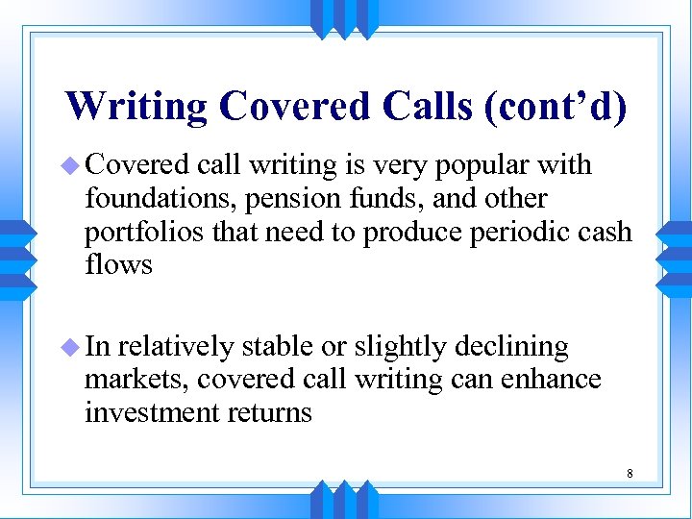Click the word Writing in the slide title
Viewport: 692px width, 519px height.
[x=136, y=106]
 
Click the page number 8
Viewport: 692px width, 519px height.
[x=630, y=474]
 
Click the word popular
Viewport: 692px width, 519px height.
[x=480, y=166]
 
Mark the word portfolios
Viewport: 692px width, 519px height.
[x=129, y=232]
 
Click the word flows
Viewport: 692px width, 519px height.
[x=118, y=263]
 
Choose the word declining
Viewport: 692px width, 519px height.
[x=511, y=347]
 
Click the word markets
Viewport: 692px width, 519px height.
[x=136, y=380]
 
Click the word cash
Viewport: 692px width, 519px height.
[x=601, y=232]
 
